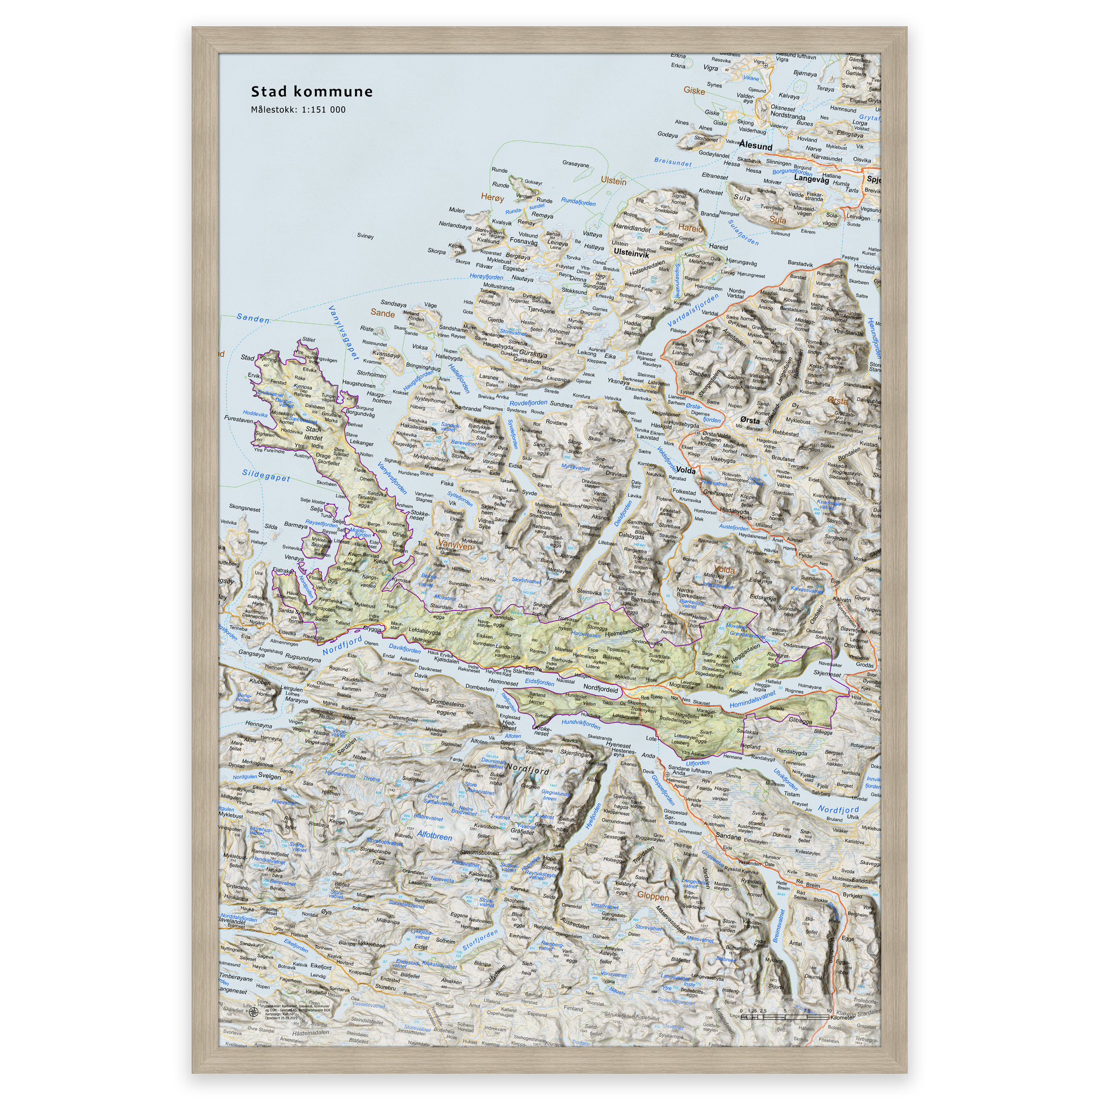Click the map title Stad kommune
tap(312, 92)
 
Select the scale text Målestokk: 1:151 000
tap(298, 110)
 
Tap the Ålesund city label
tap(756, 146)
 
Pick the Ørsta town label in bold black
tap(750, 420)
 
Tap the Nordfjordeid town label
tap(600, 689)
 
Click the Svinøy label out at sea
tap(365, 236)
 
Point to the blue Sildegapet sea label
tap(266, 475)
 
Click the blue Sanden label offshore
tap(253, 319)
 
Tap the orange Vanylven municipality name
tap(456, 546)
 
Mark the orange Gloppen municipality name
tap(653, 896)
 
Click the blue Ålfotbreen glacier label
tap(435, 836)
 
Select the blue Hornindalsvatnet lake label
tap(752, 700)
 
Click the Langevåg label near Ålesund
tap(812, 179)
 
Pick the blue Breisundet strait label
tap(672, 162)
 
